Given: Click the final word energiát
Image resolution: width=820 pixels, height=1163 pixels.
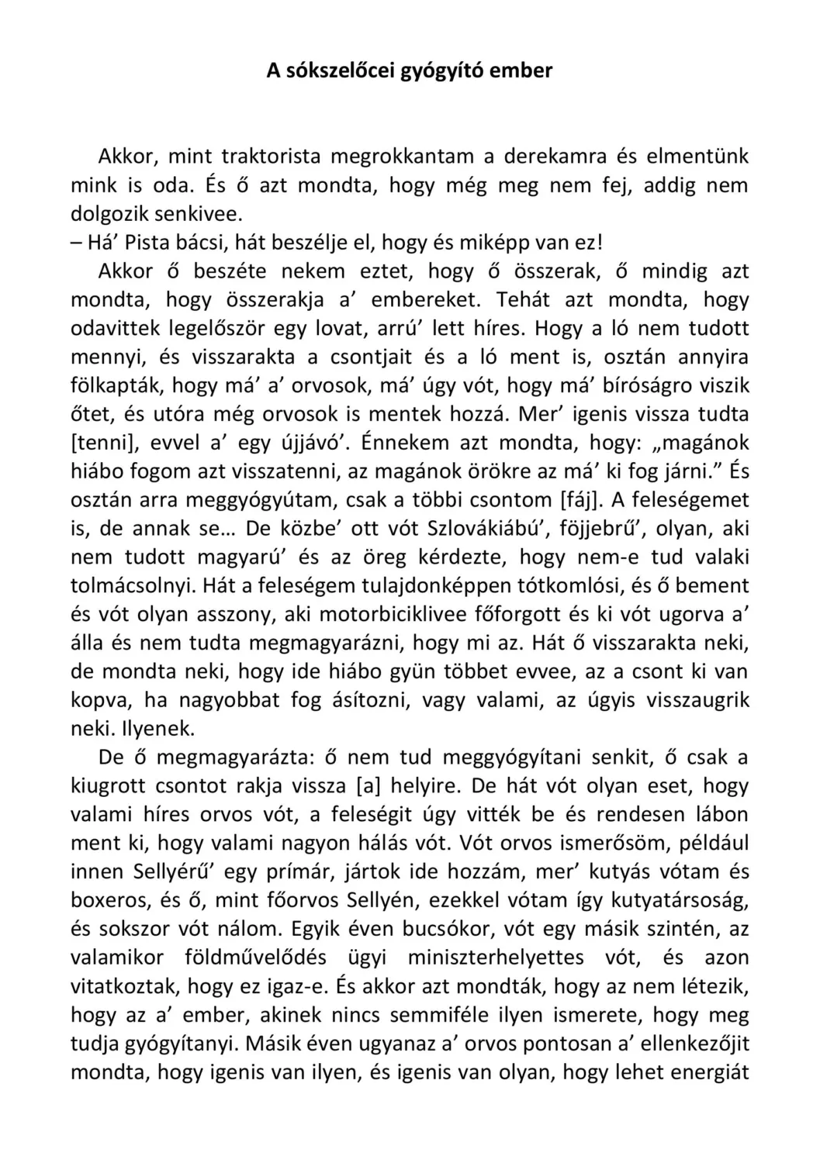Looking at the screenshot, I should (x=705, y=1072).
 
